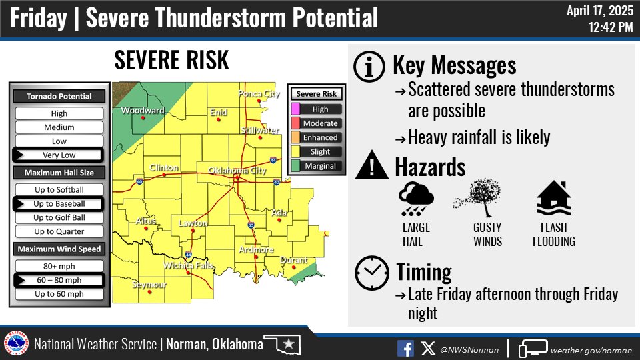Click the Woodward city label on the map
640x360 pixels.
142,111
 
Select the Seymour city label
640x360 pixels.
149,285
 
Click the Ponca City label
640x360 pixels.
259,94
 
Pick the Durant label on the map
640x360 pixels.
294,260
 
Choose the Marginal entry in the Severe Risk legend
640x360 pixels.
320,166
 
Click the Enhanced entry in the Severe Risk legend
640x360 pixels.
320,138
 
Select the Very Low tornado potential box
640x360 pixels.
59,155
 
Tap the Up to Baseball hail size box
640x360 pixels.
59,203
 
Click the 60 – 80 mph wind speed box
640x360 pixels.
59,280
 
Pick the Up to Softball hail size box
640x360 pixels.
59,190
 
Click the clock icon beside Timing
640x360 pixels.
371,272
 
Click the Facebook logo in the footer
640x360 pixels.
405,348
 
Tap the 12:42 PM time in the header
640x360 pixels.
610,27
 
